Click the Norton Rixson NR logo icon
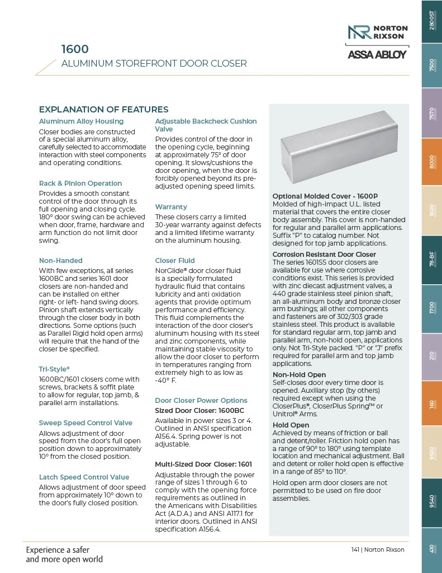click(358, 31)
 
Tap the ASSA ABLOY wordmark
click(378, 54)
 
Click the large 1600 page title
click(75, 49)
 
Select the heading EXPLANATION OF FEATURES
click(103, 110)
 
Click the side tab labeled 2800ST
click(431, 21)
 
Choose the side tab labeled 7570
click(431, 114)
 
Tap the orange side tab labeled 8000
click(431, 162)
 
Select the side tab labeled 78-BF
click(431, 259)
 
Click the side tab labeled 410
click(431, 549)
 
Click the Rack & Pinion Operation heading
click(80, 184)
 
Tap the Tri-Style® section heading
click(54, 369)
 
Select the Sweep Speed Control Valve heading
click(85, 423)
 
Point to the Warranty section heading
click(171, 207)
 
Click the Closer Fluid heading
click(175, 261)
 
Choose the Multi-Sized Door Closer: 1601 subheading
click(203, 464)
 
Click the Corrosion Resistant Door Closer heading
click(324, 255)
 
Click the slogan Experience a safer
click(58, 549)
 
